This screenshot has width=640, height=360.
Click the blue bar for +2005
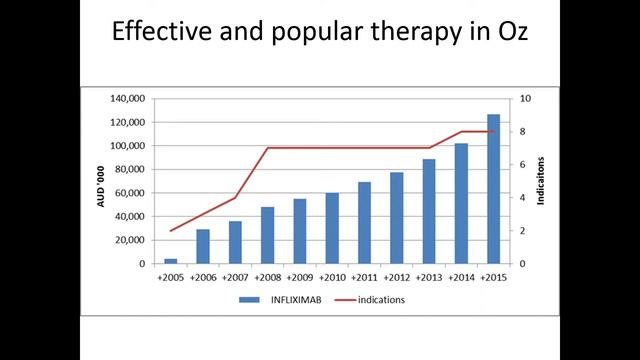click(x=171, y=261)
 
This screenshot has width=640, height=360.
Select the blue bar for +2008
click(x=268, y=236)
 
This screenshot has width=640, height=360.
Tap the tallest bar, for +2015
click(x=494, y=189)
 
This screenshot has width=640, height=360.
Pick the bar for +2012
click(x=397, y=218)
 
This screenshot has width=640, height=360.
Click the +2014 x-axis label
click(x=461, y=277)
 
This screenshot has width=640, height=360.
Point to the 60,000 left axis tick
click(x=132, y=193)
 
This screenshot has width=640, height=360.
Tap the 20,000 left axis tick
click(x=132, y=240)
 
